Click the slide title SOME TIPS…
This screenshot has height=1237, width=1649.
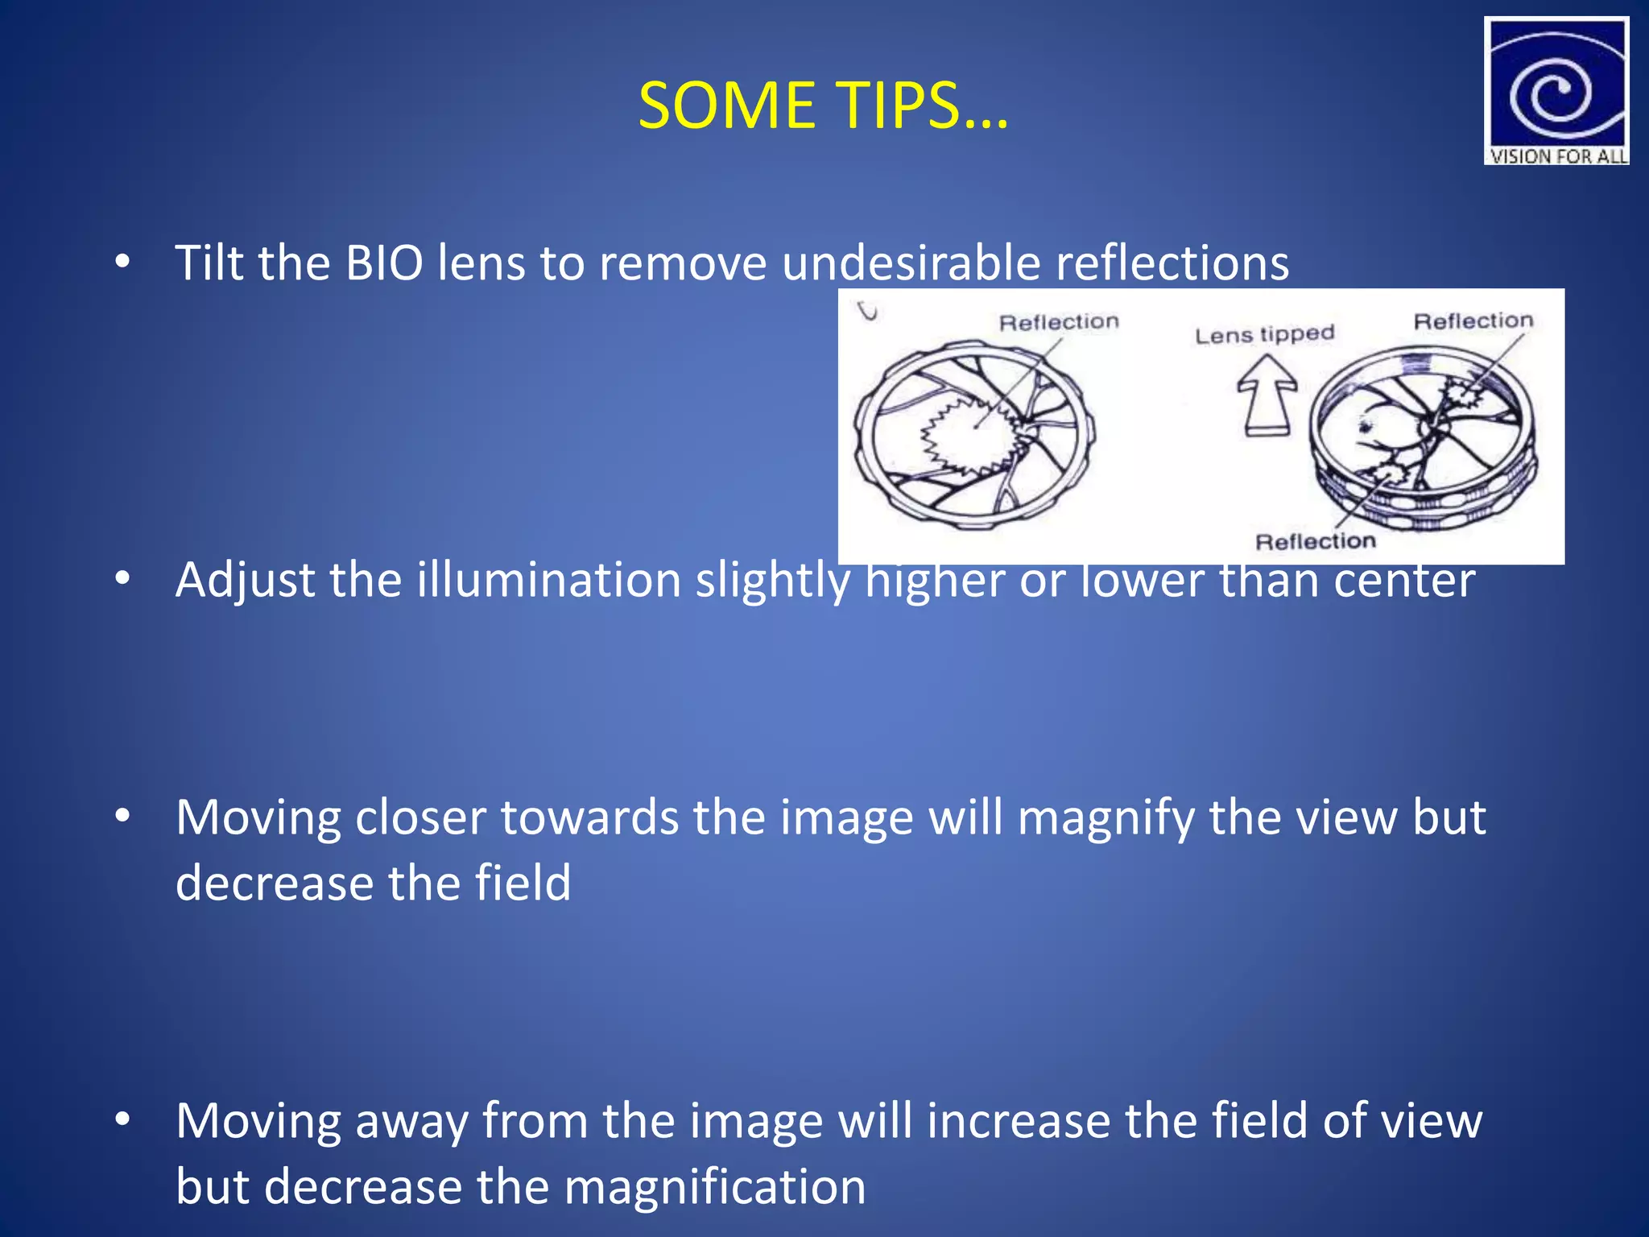pos(823,105)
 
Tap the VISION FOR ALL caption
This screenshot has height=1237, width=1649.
pos(1557,156)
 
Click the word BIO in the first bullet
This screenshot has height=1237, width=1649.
pos(384,263)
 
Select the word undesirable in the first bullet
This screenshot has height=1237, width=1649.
pos(911,263)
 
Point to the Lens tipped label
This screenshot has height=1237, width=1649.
pos(1264,334)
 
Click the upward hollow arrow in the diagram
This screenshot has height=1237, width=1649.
pos(1267,395)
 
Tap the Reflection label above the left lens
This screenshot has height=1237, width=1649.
pos(1059,322)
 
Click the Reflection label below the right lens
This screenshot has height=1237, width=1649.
pos(1316,541)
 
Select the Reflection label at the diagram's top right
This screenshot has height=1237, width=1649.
pos(1473,321)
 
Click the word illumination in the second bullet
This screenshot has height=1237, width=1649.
pos(549,581)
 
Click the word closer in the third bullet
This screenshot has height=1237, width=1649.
pos(420,818)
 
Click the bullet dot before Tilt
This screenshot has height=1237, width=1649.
pos(122,263)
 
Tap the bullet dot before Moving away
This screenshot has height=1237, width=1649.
pos(122,1120)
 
